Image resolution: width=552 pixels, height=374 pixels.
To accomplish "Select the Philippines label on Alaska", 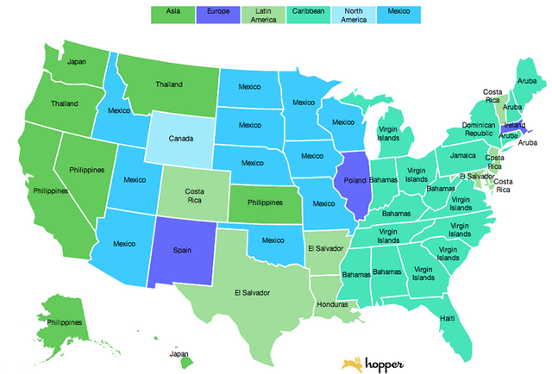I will (66, 322).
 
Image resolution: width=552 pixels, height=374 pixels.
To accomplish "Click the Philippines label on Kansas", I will (264, 202).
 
